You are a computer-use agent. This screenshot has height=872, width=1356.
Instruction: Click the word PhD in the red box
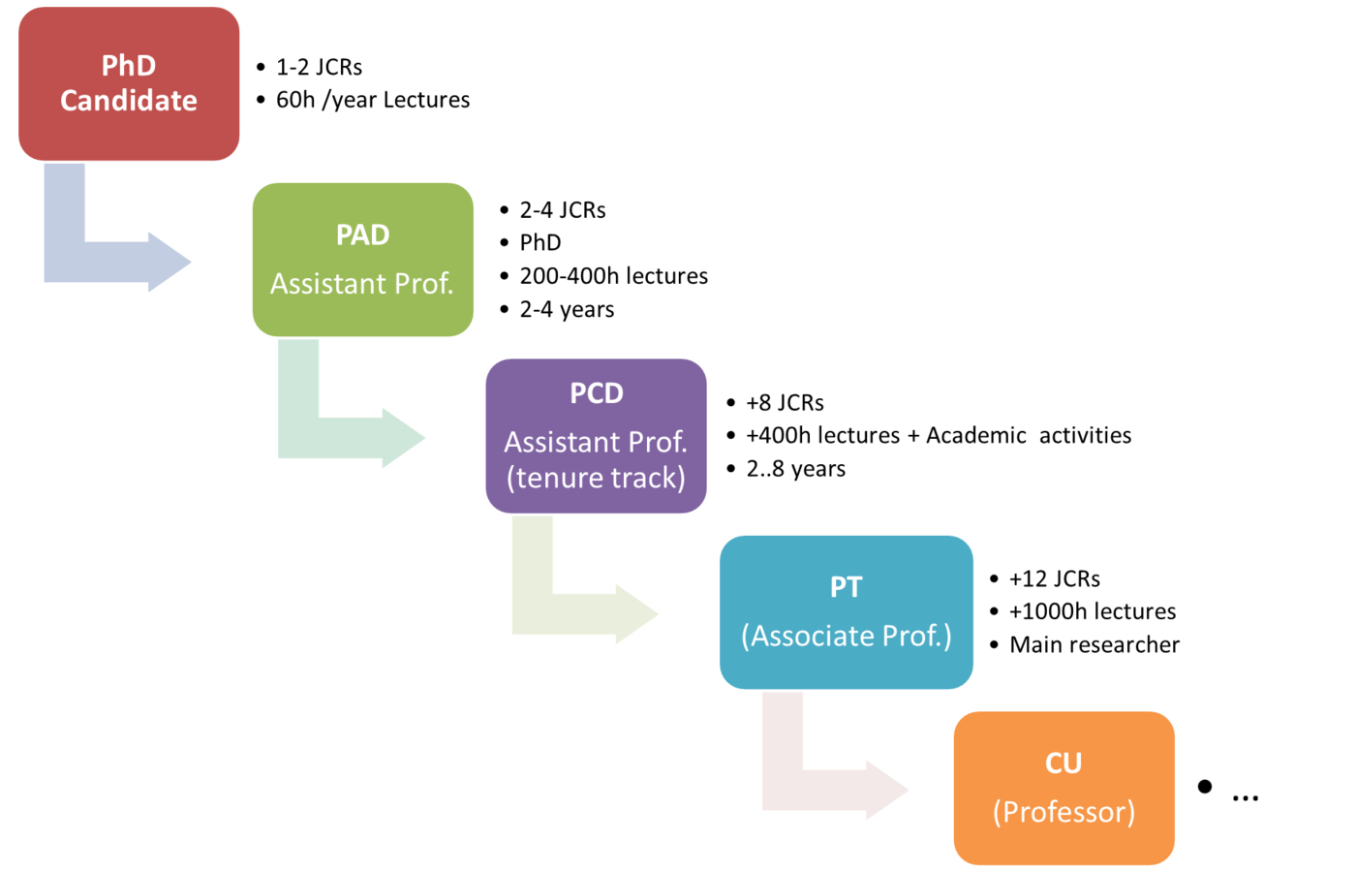click(x=129, y=66)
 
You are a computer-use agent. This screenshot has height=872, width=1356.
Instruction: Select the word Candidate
click(x=129, y=101)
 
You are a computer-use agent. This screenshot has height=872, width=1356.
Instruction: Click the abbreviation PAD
click(x=363, y=235)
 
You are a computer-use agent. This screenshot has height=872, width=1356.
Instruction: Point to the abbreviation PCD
click(x=597, y=393)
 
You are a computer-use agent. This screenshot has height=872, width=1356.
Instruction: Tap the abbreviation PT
click(x=847, y=587)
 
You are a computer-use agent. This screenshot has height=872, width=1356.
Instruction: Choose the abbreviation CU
click(x=1063, y=763)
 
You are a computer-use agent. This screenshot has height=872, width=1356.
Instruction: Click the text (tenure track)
click(x=597, y=478)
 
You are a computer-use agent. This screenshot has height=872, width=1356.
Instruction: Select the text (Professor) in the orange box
click(x=1063, y=812)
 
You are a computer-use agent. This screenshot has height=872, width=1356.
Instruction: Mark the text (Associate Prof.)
click(x=847, y=636)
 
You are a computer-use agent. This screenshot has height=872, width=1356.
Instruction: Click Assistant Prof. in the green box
click(x=362, y=284)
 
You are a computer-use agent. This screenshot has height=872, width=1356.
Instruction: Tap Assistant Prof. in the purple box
click(x=596, y=442)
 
